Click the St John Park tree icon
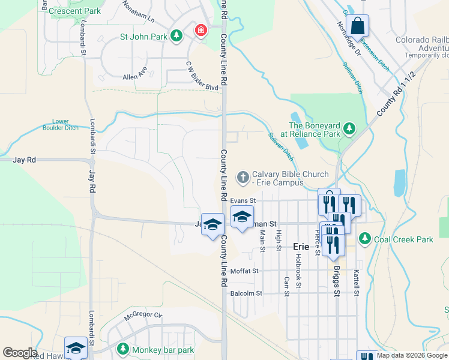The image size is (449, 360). [176, 37]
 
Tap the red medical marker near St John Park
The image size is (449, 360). [200, 29]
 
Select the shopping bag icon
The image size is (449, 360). [357, 26]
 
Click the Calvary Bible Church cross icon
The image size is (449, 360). [243, 176]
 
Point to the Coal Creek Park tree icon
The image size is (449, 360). [364, 239]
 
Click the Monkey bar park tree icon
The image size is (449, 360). [122, 349]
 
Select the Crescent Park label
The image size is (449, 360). [75, 11]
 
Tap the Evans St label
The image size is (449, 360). [243, 200]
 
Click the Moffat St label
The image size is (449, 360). [244, 271]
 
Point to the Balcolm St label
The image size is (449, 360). [246, 293]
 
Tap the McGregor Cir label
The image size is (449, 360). [143, 315]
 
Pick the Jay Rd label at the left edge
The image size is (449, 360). [25, 160]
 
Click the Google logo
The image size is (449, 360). [20, 353]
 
